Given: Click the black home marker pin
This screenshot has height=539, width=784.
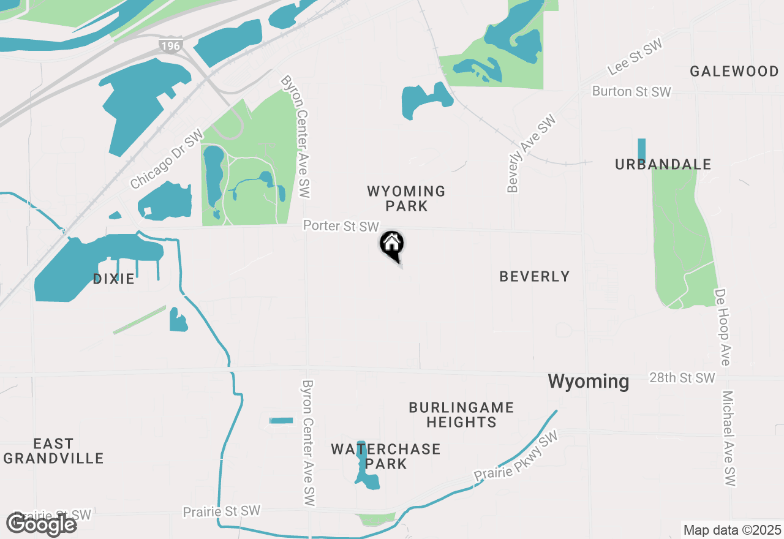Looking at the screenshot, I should click(x=392, y=245).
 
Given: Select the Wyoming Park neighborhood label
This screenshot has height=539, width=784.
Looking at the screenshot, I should click(x=406, y=199).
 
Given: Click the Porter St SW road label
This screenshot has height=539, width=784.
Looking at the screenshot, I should click(x=341, y=226).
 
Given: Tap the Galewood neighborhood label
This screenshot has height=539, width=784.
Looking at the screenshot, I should click(x=734, y=71).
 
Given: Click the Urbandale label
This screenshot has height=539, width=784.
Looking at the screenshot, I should click(x=663, y=164).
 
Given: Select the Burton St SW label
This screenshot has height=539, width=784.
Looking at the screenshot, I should click(x=631, y=92).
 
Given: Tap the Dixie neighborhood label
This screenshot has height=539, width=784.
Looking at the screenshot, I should click(x=114, y=279).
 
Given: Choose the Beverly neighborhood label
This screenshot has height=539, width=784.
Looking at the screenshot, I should click(x=535, y=277).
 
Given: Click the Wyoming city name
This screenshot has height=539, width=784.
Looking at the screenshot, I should click(x=589, y=382).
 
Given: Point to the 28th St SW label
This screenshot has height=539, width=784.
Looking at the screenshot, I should click(x=682, y=377).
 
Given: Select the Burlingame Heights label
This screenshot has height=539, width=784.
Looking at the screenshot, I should click(x=461, y=415).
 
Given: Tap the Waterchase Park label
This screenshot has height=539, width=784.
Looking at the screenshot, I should click(x=386, y=456).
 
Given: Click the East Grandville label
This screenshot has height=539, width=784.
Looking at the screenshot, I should click(x=53, y=451).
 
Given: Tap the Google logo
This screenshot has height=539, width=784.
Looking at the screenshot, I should click(x=42, y=524).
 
